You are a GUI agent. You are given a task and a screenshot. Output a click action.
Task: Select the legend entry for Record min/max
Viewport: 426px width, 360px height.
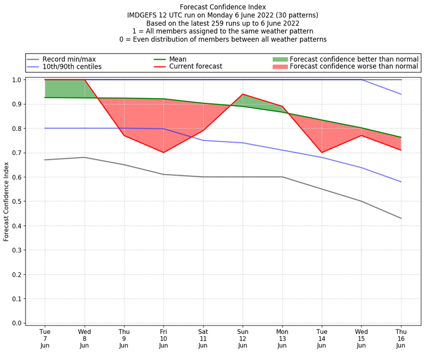pyautogui.click(x=69, y=59)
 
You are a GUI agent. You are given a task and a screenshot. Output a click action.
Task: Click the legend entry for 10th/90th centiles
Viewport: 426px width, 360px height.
pyautogui.click(x=72, y=67)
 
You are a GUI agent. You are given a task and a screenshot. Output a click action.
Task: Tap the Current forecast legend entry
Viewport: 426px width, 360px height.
pyautogui.click(x=195, y=67)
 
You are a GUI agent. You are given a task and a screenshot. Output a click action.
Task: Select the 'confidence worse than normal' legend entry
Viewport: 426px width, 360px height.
pyautogui.click(x=355, y=67)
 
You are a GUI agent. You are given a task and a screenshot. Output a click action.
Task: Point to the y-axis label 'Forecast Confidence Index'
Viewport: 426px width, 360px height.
pyautogui.click(x=7, y=201)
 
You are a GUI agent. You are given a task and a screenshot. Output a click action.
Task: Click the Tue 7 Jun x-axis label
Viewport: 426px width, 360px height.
pyautogui.click(x=45, y=338)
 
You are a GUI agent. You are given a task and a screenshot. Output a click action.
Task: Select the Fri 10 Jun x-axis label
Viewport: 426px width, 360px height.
pyautogui.click(x=163, y=338)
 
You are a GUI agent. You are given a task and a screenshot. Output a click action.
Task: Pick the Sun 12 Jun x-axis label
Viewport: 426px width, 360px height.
pyautogui.click(x=243, y=338)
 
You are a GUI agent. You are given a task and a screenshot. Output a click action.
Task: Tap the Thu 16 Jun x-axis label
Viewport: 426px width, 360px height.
pyautogui.click(x=401, y=338)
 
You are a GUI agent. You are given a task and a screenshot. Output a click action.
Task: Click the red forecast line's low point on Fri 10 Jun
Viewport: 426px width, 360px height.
pyautogui.click(x=163, y=152)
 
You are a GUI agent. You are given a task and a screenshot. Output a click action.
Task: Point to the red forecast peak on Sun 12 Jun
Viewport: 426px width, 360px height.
pyautogui.click(x=243, y=94)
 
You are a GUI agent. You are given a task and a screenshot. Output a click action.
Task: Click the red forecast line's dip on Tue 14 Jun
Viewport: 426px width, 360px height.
pyautogui.click(x=322, y=152)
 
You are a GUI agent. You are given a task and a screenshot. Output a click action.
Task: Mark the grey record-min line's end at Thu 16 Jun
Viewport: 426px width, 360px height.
pyautogui.click(x=401, y=218)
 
